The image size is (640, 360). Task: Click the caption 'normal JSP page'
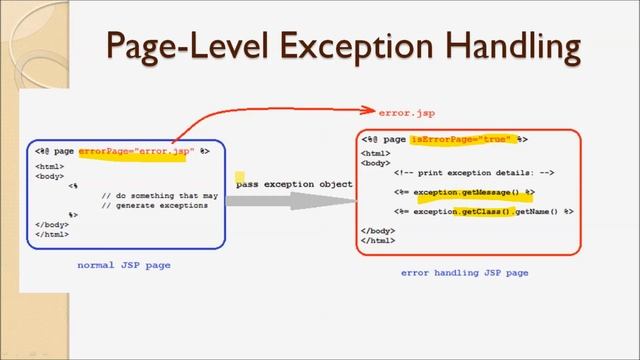click(x=124, y=265)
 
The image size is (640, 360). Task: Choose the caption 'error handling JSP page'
click(x=464, y=272)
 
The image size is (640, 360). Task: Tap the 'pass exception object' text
click(x=294, y=184)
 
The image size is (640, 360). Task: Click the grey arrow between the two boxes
click(x=290, y=201)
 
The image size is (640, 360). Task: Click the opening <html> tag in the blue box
click(x=50, y=166)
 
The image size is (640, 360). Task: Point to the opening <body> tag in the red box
click(x=375, y=161)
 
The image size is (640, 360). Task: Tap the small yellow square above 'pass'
click(x=239, y=176)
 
